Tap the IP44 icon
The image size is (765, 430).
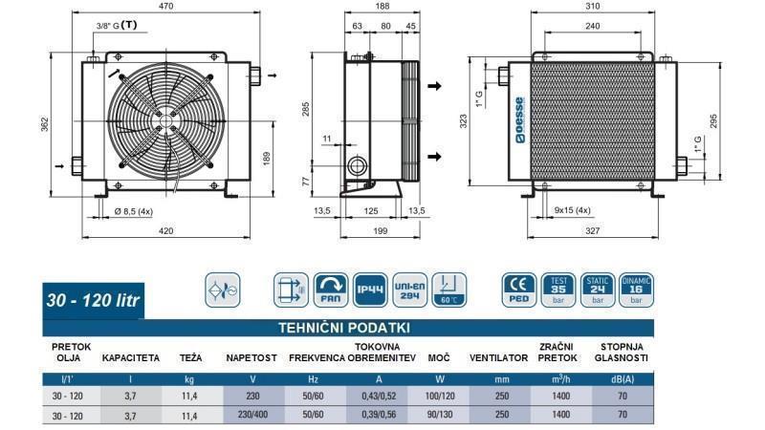coord(371,288)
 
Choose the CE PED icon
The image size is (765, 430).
coord(518,288)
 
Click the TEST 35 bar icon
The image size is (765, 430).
coord(557,288)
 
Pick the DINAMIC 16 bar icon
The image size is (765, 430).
coord(636,288)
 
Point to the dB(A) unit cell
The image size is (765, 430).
coord(623,379)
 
